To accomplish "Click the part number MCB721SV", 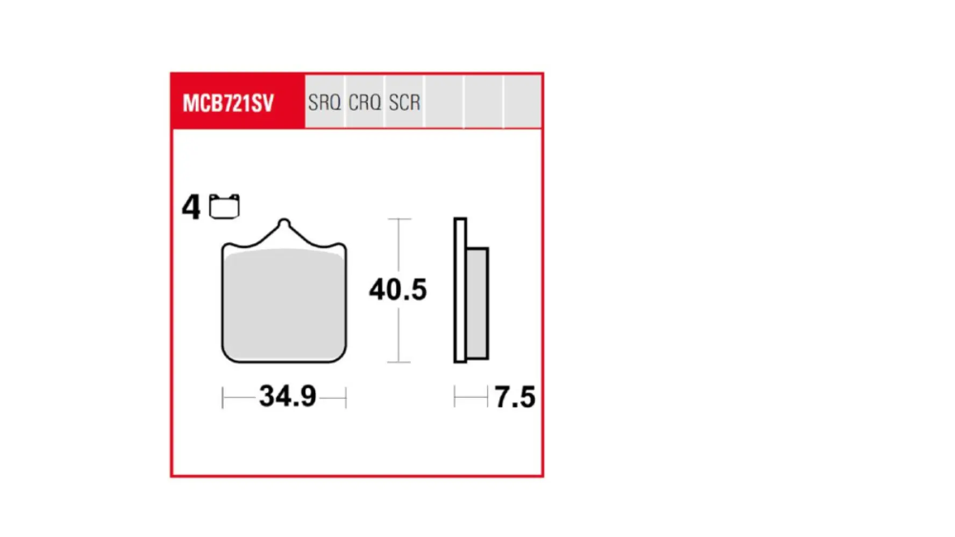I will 229,103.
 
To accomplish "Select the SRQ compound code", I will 324,102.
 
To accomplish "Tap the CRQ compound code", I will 365,102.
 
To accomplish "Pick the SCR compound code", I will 404,102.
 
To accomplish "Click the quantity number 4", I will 191,207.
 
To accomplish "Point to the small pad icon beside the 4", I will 224,207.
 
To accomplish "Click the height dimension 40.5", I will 398,290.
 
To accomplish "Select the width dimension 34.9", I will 288,396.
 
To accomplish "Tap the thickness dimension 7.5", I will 515,397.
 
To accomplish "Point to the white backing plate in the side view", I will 460,290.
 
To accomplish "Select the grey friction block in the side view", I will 477,303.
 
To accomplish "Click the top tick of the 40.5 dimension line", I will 399,219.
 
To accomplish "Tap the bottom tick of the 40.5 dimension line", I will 399,362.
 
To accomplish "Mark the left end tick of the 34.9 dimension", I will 223,398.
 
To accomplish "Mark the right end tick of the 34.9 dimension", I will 346,398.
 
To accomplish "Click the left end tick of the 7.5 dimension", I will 455,397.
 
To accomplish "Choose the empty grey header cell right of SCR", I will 444,102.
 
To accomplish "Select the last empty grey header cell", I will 523,102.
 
